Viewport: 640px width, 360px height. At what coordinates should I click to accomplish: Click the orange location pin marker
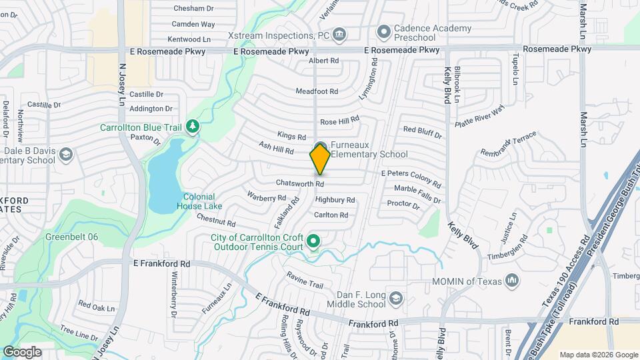[x=320, y=159]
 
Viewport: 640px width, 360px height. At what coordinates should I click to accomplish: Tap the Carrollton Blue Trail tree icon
[x=192, y=126]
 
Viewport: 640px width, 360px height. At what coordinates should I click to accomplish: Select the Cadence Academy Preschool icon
[x=383, y=31]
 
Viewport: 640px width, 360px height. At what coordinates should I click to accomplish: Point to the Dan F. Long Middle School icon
[x=396, y=297]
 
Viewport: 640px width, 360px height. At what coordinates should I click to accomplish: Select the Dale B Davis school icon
[x=65, y=155]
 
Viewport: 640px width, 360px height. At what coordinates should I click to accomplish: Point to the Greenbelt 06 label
[x=71, y=237]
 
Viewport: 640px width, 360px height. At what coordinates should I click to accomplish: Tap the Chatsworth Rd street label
[x=301, y=183]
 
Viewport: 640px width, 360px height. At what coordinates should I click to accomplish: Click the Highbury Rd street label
[x=335, y=199]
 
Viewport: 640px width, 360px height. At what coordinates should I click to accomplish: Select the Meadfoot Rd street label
[x=317, y=91]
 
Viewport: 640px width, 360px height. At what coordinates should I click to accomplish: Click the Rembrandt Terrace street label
[x=508, y=144]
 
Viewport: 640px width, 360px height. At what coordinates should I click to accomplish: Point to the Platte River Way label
[x=479, y=116]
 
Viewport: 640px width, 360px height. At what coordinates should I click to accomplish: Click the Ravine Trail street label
[x=305, y=279]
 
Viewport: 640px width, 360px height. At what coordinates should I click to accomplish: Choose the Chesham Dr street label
[x=193, y=9]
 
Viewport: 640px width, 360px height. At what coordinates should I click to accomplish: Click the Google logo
[x=22, y=351]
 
